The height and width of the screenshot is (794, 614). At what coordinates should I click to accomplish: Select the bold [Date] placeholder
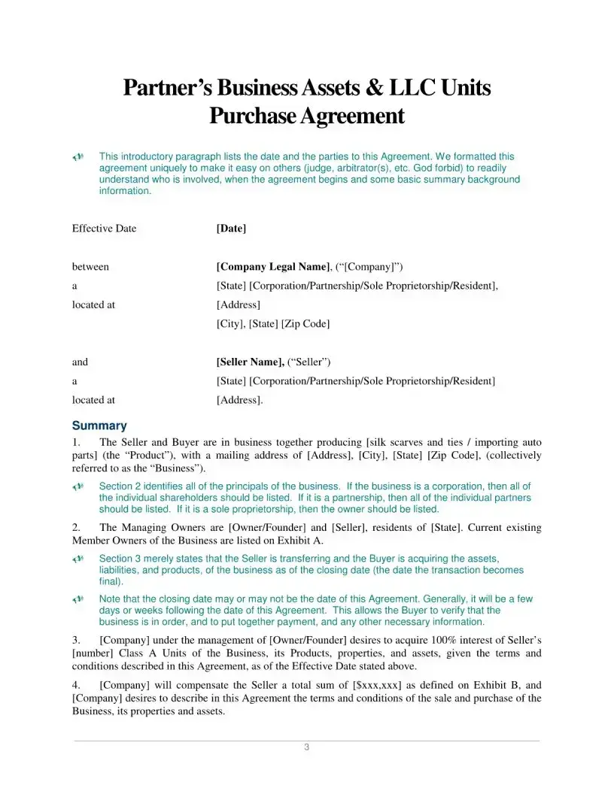(231, 229)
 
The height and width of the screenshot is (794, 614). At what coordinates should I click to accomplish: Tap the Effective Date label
(104, 229)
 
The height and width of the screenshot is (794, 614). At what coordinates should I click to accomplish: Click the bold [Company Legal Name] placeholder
(273, 267)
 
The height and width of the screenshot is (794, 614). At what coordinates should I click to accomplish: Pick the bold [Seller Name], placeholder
(250, 362)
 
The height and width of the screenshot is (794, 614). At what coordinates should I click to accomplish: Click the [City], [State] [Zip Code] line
(272, 324)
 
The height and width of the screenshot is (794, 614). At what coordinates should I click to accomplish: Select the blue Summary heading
(99, 426)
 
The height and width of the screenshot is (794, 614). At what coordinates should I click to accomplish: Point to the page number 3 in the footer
(306, 747)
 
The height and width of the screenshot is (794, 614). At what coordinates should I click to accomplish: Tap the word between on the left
(90, 267)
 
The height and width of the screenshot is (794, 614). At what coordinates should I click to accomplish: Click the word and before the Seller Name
(80, 362)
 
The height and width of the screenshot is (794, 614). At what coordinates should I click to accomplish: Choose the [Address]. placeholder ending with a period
(239, 401)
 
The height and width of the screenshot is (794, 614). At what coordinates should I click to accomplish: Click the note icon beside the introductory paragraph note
(78, 157)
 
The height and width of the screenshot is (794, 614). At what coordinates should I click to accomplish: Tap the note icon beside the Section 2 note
(78, 486)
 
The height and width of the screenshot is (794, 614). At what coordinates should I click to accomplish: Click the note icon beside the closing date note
(78, 599)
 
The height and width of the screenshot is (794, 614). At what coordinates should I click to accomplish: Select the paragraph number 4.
(76, 686)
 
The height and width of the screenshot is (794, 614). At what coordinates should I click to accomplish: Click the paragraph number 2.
(76, 528)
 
